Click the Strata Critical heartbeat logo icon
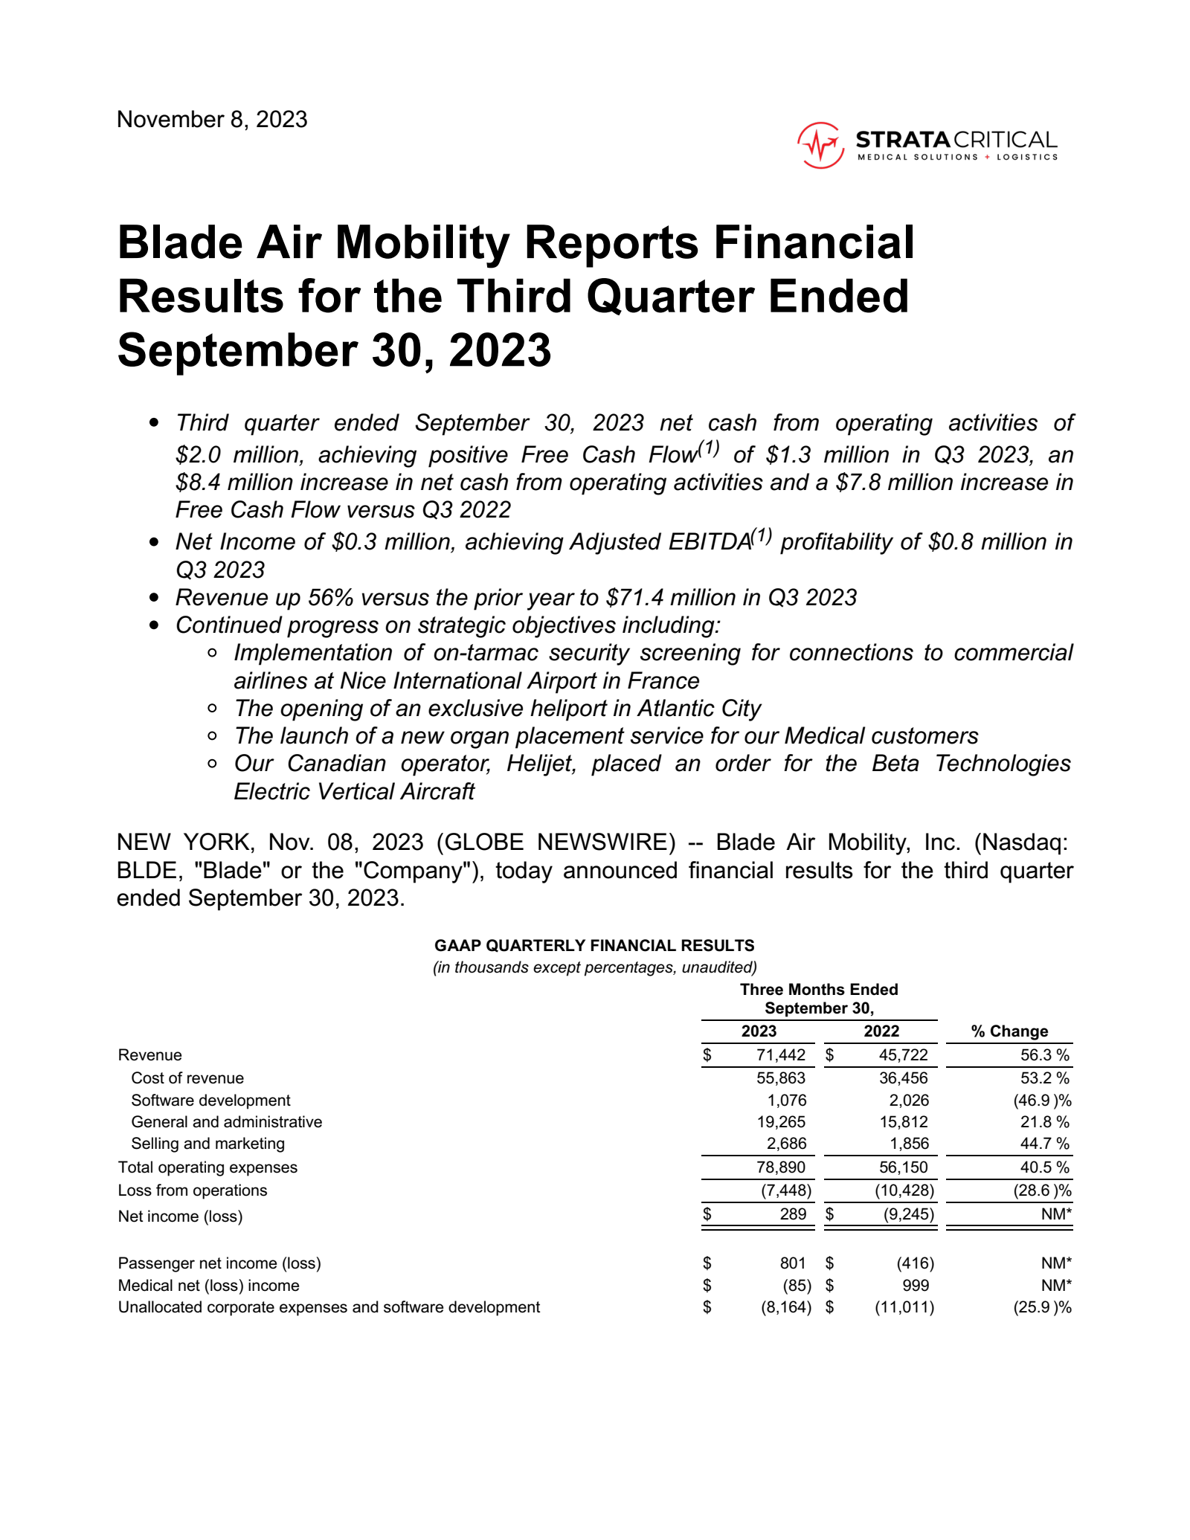[x=820, y=145]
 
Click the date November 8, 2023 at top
[x=212, y=120]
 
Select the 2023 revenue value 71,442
[x=780, y=1055]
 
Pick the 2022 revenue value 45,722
[x=903, y=1055]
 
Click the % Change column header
[x=1009, y=1031]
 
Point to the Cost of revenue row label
[x=187, y=1078]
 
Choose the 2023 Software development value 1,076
[x=786, y=1101]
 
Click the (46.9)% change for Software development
[x=1042, y=1101]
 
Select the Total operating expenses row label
[x=208, y=1167]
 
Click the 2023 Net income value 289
[x=793, y=1214]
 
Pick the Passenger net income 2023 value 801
[x=793, y=1263]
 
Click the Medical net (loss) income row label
[x=208, y=1286]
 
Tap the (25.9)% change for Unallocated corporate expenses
[x=1042, y=1307]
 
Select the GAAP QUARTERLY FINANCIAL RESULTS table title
[x=594, y=946]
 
